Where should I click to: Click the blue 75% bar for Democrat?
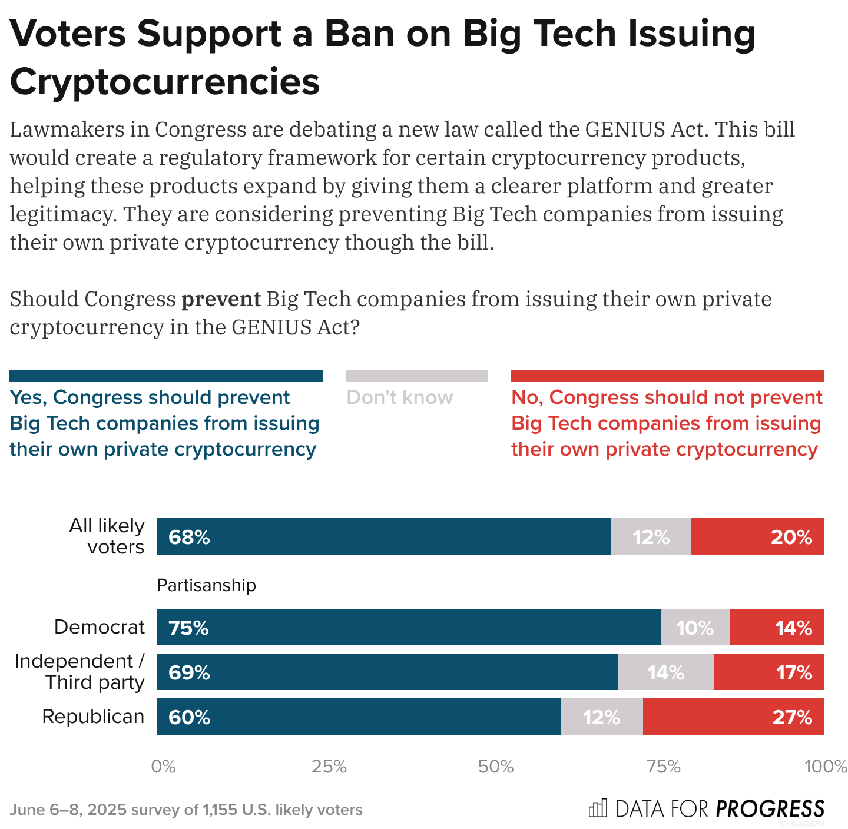408,627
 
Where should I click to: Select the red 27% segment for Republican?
733,717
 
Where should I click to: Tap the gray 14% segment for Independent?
665,672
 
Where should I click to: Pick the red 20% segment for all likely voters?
757,536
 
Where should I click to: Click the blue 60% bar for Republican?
358,717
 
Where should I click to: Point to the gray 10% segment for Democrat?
695,627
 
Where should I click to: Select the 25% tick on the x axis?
329,767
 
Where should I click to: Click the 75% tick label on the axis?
664,767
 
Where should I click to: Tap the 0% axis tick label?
163,767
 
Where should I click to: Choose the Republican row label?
93,717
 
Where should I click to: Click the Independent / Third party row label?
79,672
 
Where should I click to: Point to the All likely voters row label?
107,536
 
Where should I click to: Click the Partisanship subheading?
206,585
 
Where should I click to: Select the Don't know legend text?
400,397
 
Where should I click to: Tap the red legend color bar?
667,376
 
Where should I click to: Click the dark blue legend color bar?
166,376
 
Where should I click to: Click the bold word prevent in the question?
221,299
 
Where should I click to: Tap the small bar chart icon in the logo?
597,808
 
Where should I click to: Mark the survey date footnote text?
186,810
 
